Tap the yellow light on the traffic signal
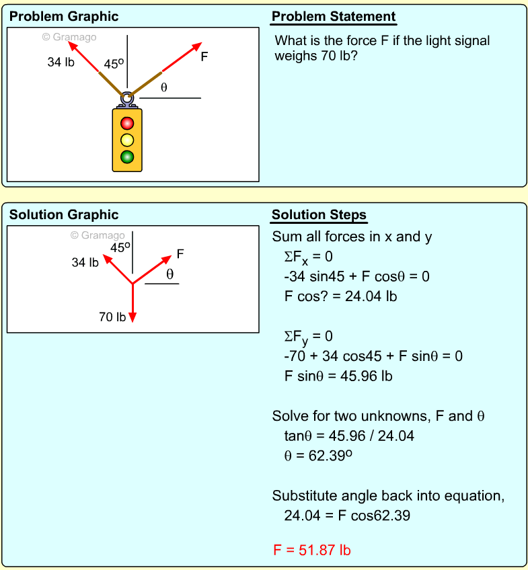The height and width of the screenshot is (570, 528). [127, 140]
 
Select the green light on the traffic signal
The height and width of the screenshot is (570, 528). [127, 157]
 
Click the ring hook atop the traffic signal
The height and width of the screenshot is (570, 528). [126, 99]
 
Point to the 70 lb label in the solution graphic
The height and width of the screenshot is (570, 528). [112, 317]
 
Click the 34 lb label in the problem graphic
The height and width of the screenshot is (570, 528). [61, 63]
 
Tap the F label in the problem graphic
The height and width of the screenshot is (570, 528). [204, 57]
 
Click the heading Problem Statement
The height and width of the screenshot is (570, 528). [334, 17]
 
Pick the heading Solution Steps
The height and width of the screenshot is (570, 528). [319, 215]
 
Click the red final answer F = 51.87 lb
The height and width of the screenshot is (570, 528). [311, 551]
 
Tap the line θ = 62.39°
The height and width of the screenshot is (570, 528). [319, 455]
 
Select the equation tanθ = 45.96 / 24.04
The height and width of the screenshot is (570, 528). [349, 436]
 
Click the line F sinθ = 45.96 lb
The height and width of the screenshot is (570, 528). [338, 376]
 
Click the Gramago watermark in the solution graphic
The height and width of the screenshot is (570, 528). [98, 235]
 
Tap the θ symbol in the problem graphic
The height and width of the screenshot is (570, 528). [163, 87]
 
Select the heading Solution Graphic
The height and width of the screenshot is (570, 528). [63, 215]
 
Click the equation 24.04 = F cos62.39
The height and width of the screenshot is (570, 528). [347, 516]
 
